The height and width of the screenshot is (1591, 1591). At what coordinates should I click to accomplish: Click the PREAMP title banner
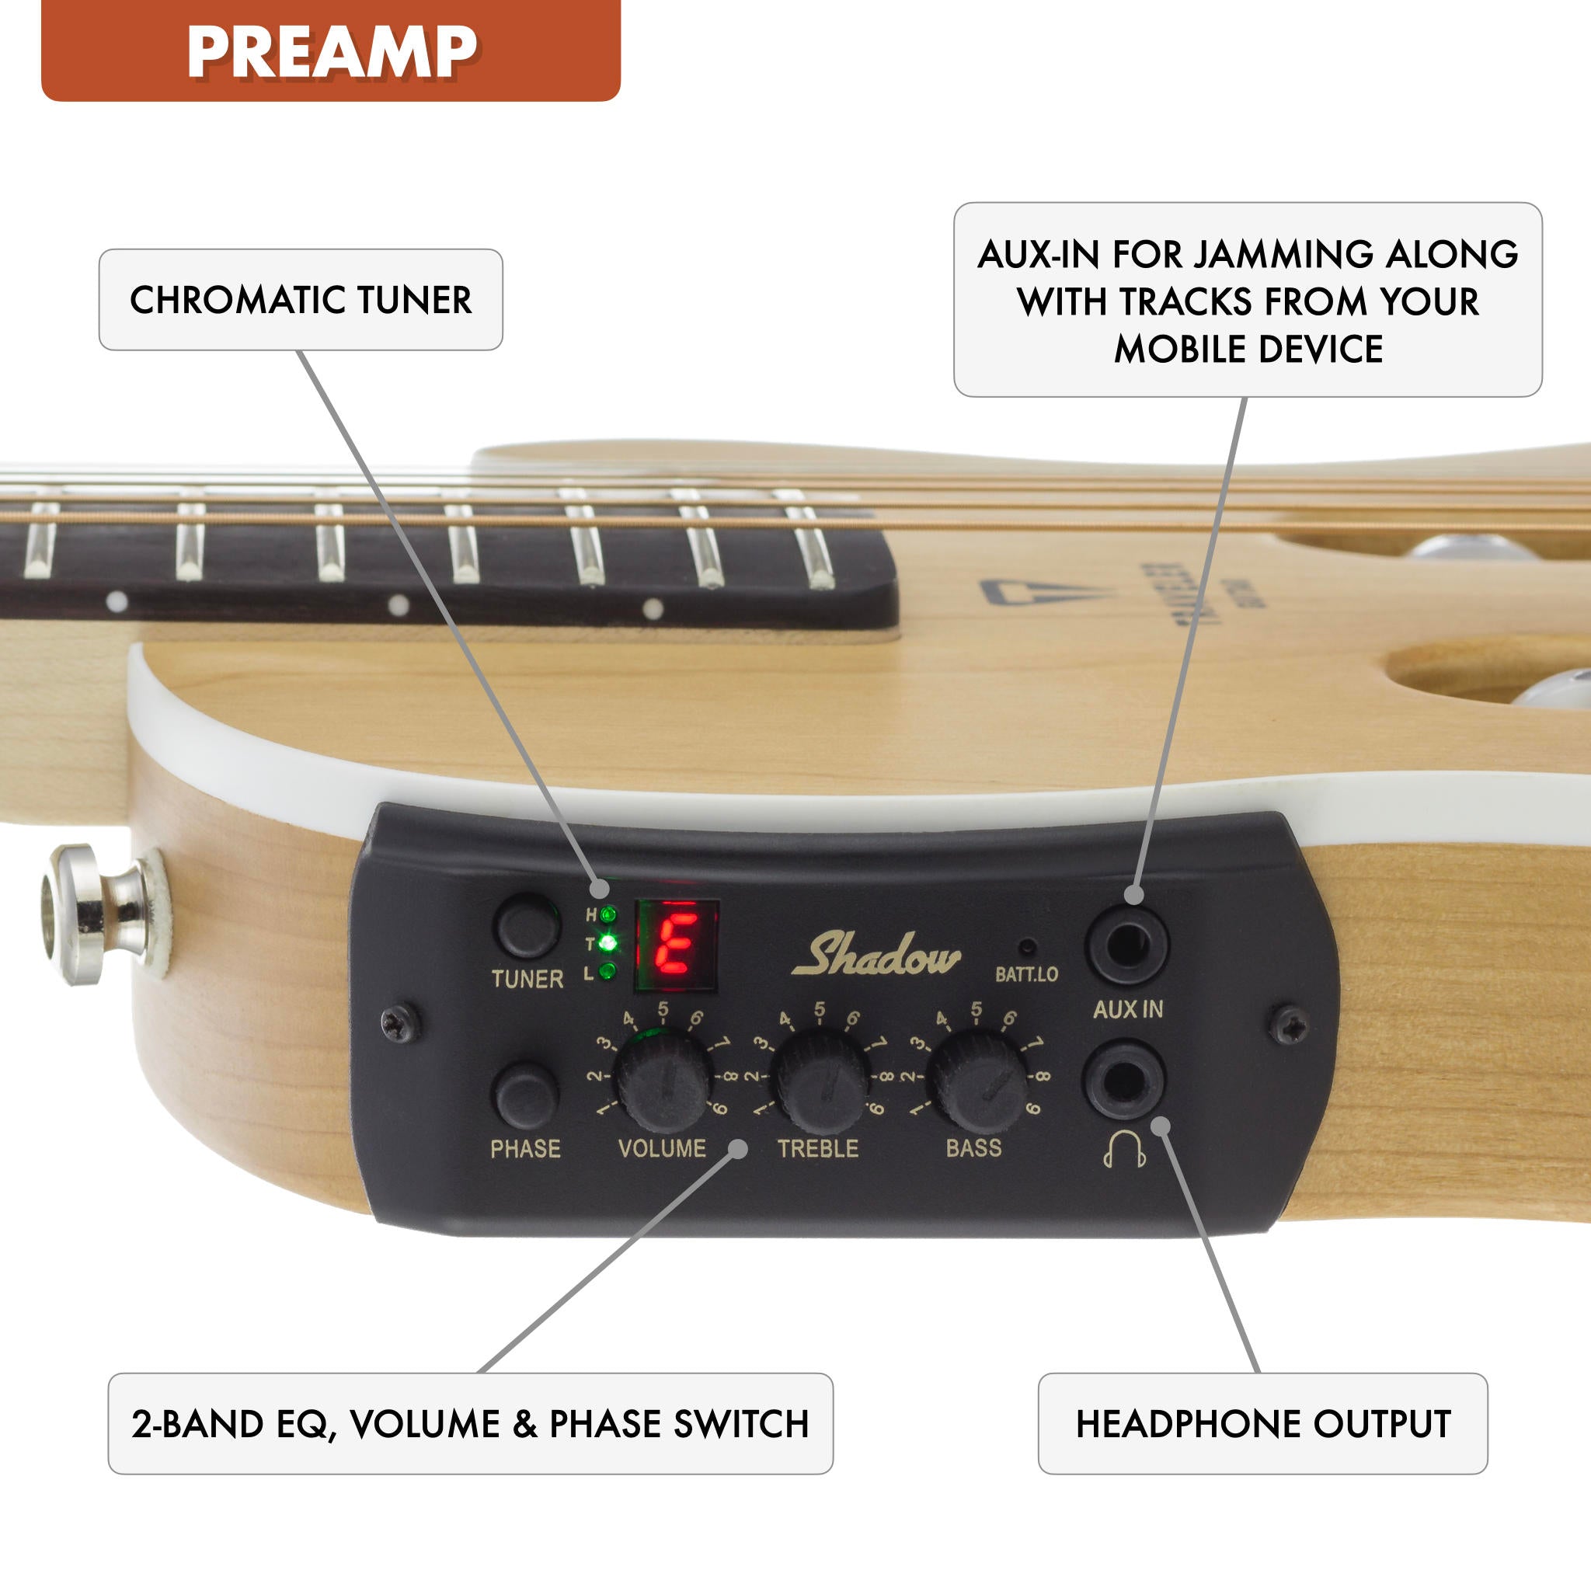click(330, 51)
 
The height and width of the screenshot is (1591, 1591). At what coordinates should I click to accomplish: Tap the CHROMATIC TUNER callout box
click(301, 300)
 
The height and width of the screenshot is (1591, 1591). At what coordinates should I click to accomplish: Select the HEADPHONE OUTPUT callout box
click(1262, 1424)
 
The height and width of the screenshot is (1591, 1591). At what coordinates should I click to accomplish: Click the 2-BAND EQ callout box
click(470, 1424)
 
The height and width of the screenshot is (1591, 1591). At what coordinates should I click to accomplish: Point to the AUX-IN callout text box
click(1247, 300)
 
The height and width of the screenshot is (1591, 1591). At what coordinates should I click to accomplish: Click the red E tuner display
click(677, 944)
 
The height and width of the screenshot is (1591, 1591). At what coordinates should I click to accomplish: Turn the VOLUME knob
click(663, 1082)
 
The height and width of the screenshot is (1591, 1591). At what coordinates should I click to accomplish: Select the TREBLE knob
click(821, 1082)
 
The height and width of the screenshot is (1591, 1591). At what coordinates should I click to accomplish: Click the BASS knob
click(977, 1082)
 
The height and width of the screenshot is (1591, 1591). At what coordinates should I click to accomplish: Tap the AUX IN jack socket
click(1127, 944)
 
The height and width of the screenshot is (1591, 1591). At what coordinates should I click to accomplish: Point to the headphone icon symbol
click(1125, 1150)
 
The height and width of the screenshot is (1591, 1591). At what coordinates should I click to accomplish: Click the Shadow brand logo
click(876, 956)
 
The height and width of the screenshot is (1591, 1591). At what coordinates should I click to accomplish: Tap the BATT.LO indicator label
click(1026, 974)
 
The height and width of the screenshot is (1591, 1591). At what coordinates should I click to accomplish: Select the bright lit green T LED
click(608, 942)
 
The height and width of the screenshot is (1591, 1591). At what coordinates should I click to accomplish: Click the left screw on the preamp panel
click(400, 1023)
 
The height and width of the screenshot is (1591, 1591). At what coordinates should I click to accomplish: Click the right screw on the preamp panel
click(1290, 1026)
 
